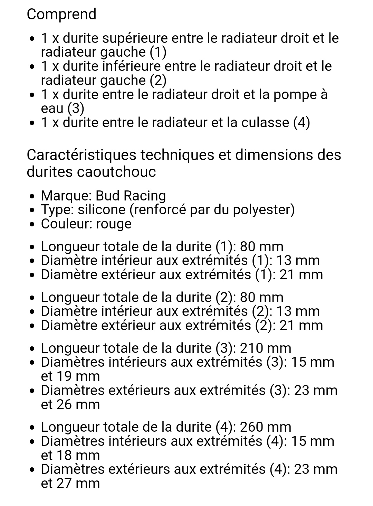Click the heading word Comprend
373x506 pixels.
tap(61, 15)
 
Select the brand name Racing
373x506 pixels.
tap(145, 196)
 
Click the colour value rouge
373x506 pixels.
tap(114, 224)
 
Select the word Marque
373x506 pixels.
tap(65, 196)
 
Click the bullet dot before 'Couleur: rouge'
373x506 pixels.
tap(32, 224)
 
